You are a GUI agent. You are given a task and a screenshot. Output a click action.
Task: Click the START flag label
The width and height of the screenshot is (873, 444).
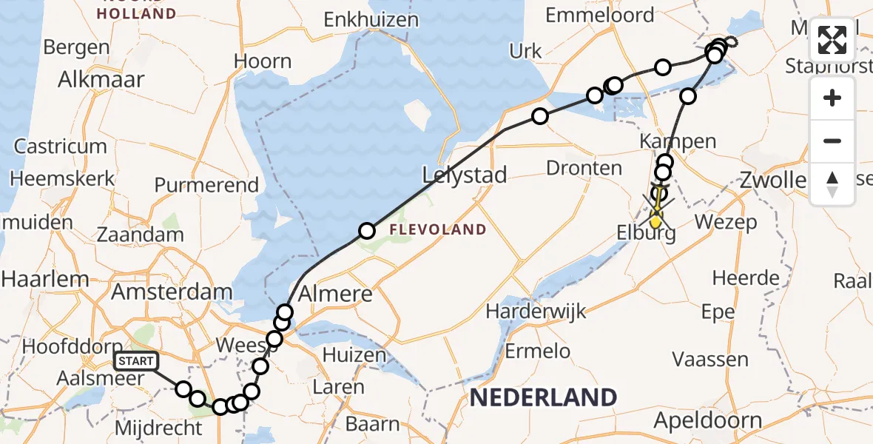point(136,361)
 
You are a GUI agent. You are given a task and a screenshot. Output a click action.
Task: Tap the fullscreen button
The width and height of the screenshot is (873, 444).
point(832,40)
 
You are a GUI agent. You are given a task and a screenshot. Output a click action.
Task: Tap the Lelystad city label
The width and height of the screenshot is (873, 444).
point(465,175)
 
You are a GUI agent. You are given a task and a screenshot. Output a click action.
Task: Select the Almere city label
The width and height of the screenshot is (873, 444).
point(336,294)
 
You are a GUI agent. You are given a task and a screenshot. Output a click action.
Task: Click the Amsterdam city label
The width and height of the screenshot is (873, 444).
point(172,291)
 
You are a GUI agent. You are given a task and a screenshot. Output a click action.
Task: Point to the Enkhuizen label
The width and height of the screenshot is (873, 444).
point(371,20)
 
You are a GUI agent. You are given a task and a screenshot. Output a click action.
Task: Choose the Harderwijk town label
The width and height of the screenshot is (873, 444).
point(536,311)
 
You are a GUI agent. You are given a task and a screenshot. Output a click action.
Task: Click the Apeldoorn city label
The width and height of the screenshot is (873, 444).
point(708,421)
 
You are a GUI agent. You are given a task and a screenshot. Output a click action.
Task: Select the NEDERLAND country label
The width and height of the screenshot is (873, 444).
point(543,397)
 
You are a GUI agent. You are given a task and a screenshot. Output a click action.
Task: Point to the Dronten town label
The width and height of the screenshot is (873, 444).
point(584,168)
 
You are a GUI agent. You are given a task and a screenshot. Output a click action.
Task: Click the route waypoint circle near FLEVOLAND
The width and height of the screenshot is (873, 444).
point(367,232)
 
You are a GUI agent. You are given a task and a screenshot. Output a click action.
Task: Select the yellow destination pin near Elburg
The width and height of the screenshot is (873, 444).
point(655,220)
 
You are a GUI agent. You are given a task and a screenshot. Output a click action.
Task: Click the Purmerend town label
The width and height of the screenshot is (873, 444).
point(206,185)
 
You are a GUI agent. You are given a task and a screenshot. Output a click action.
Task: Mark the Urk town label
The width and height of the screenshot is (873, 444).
point(526,51)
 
